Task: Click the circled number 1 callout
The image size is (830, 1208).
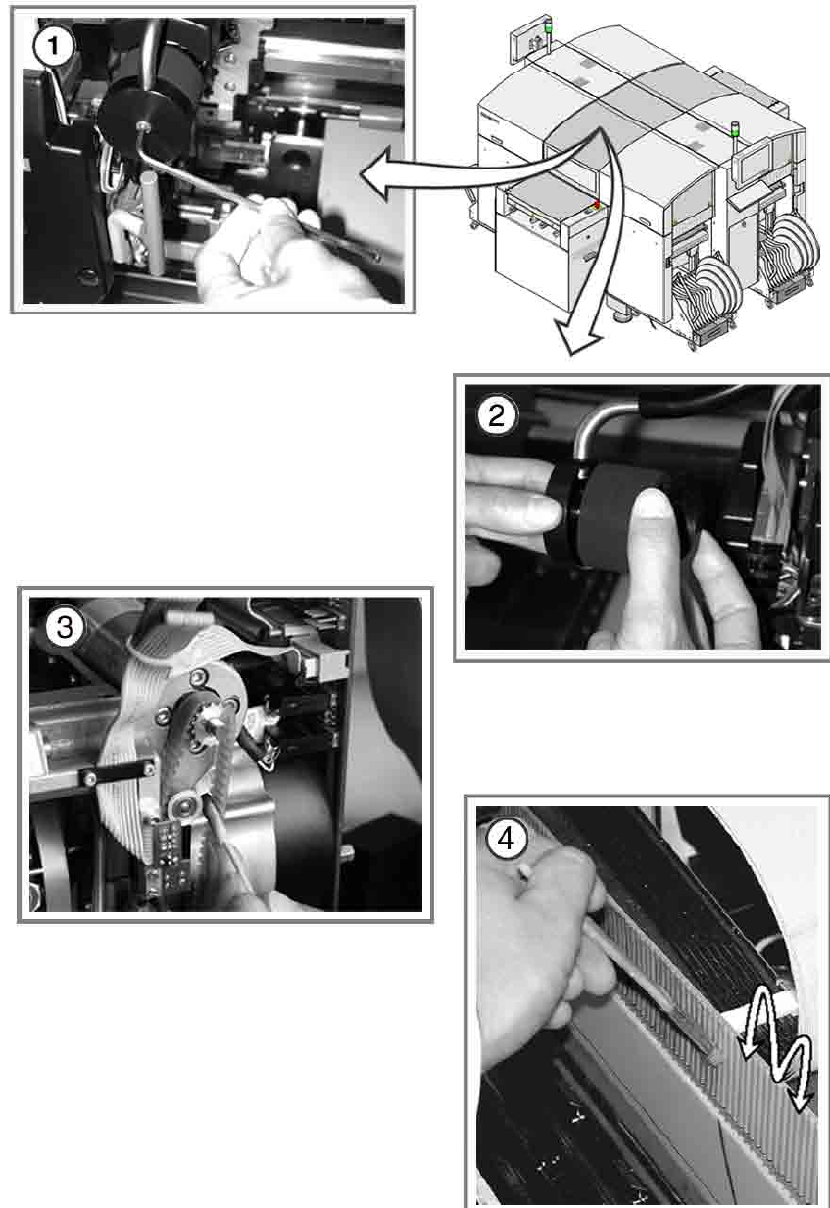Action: (53, 46)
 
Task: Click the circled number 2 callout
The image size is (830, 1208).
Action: (496, 415)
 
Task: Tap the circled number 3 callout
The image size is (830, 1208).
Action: (64, 628)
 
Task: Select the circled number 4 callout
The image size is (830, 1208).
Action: (507, 839)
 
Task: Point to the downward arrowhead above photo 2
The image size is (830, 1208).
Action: (578, 340)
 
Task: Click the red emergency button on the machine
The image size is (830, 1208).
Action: (597, 205)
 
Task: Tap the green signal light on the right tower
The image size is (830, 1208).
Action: (734, 129)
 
